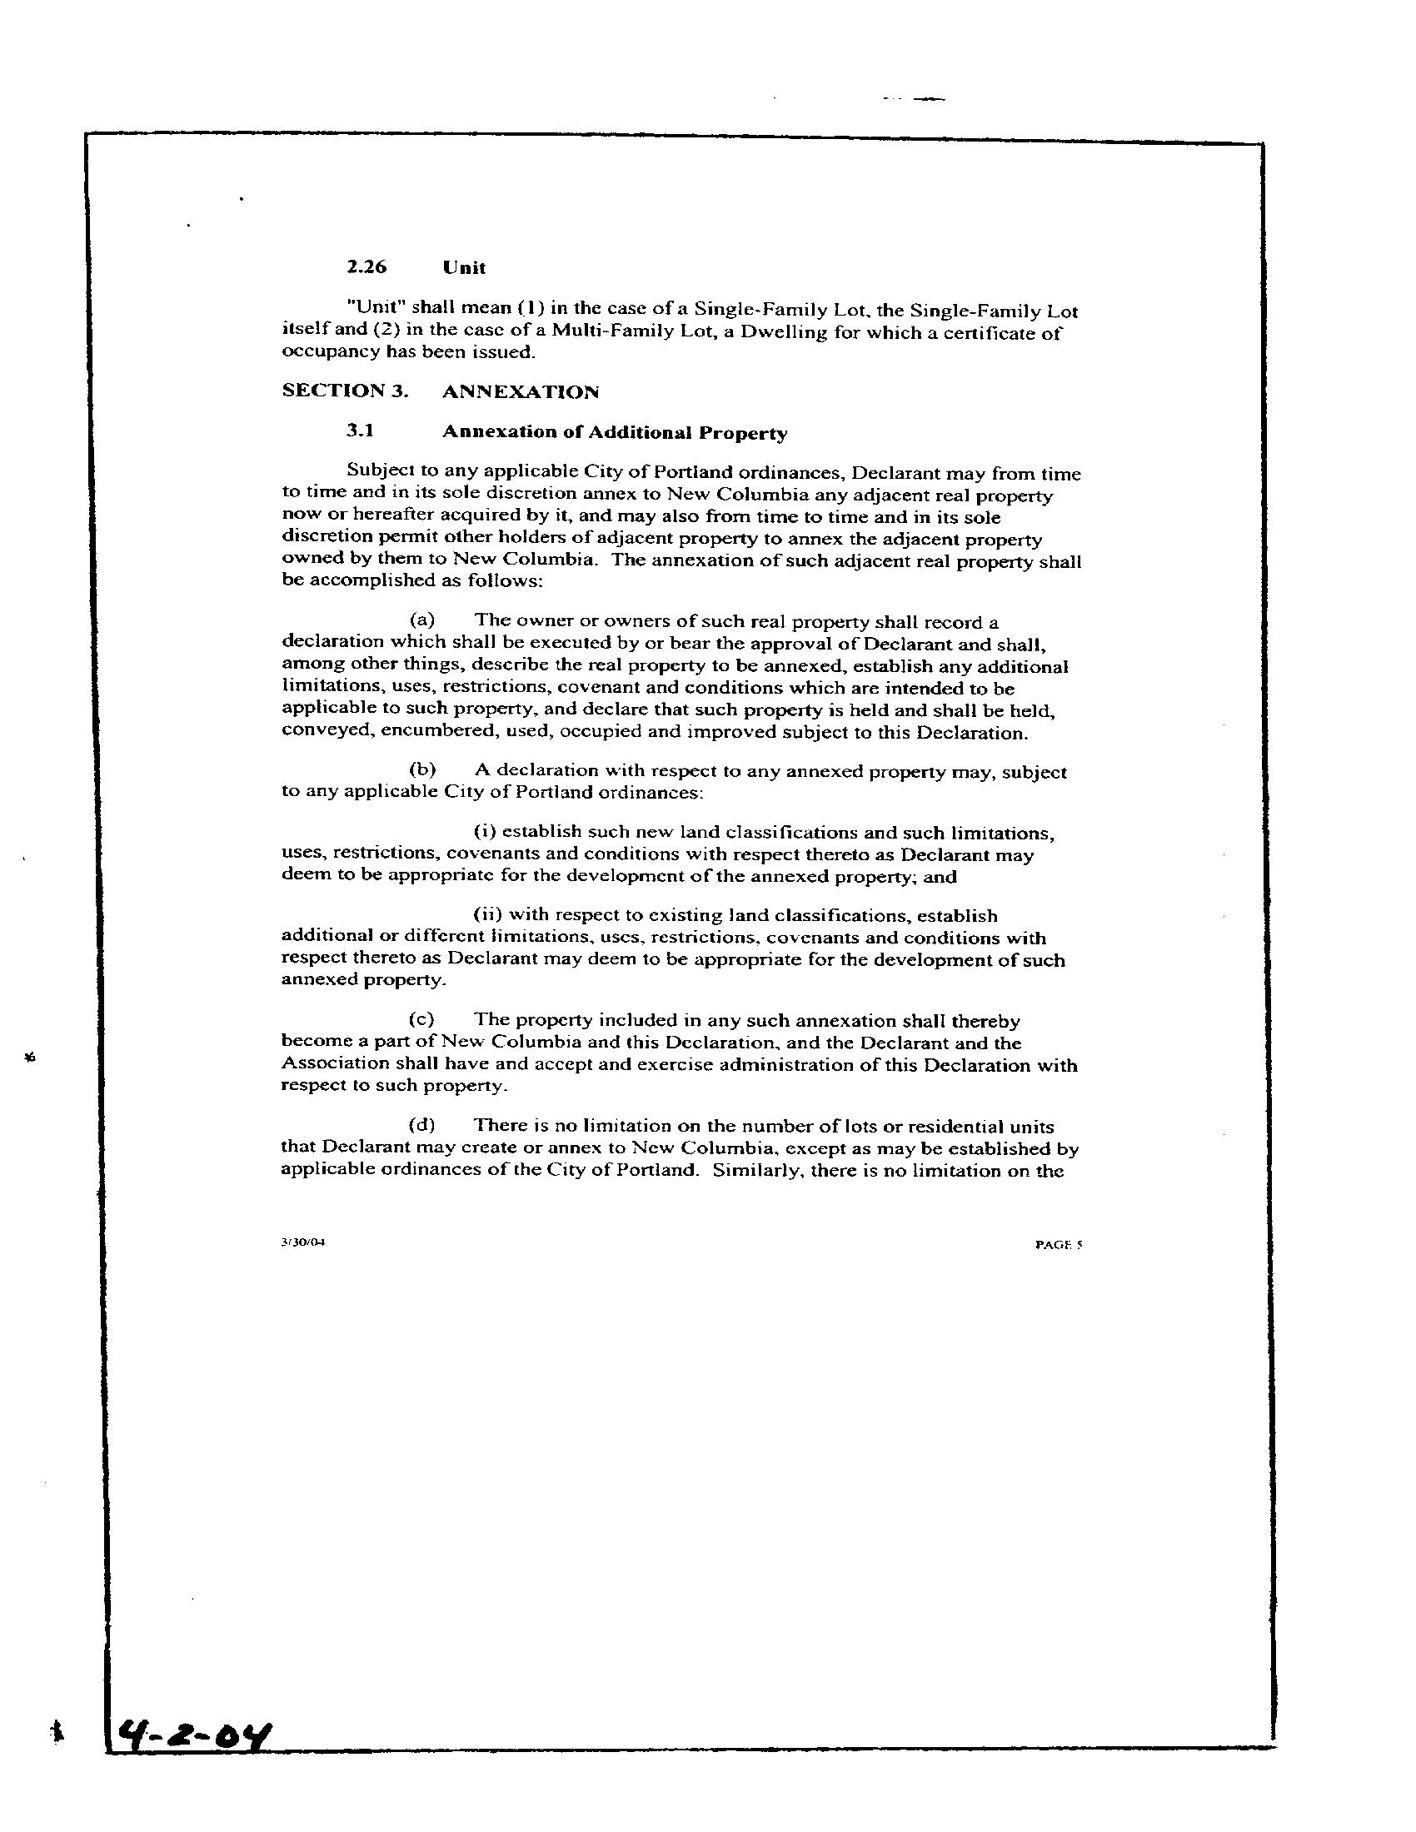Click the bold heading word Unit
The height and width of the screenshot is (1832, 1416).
coord(464,267)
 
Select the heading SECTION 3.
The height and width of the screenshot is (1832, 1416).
coord(345,391)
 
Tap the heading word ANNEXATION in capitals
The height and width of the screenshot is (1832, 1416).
coord(520,391)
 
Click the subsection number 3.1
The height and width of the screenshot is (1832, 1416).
coord(360,432)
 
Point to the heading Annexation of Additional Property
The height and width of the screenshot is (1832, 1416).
coord(614,433)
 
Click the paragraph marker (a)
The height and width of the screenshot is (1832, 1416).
coord(421,620)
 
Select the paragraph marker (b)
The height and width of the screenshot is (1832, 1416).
coord(421,770)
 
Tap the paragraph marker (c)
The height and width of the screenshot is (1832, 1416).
coord(421,1020)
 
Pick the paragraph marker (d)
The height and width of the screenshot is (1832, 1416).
coord(421,1125)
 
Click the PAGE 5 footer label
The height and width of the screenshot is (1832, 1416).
coord(1059,1245)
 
